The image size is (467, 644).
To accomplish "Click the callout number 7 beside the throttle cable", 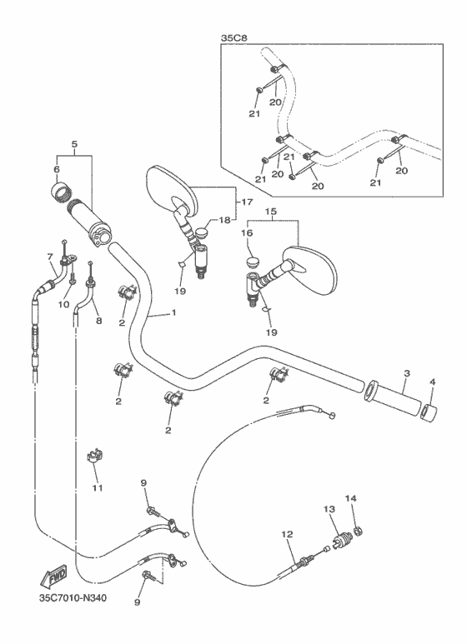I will point(49,257).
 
